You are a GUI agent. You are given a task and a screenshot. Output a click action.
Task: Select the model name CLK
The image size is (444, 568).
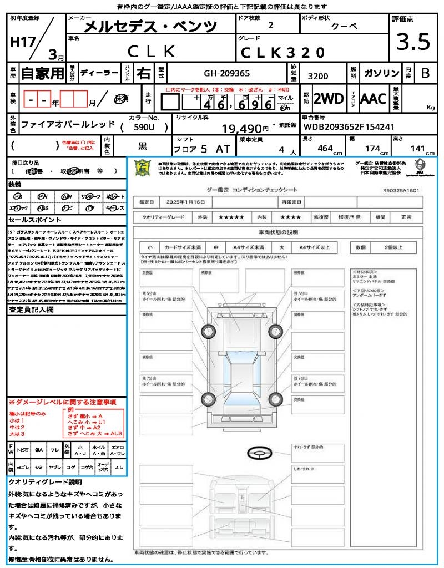[152, 52]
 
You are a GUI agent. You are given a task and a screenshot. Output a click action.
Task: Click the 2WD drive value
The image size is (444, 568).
[329, 99]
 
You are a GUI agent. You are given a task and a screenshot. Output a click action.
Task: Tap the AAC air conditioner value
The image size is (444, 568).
[373, 99]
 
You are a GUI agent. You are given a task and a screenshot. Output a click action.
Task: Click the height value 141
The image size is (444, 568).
[417, 149]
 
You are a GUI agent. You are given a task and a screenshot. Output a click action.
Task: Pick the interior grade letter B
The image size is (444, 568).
[425, 73]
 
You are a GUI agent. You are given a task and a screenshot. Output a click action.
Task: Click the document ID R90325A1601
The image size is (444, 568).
[401, 190]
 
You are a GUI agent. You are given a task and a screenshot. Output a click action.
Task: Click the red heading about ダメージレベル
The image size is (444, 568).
[62, 402]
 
